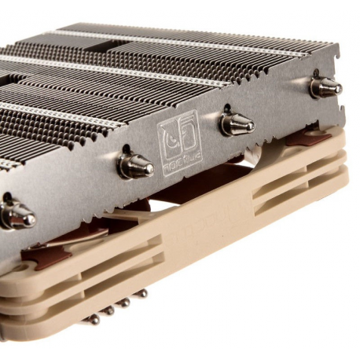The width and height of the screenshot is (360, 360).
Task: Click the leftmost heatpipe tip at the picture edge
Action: click(x=14, y=214)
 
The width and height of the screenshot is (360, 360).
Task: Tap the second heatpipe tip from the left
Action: click(x=135, y=164)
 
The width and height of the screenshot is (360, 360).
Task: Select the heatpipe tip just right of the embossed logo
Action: click(x=236, y=123)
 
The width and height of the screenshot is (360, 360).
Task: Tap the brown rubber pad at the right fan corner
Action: click(x=307, y=138)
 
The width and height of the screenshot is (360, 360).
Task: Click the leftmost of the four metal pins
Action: click(x=94, y=318)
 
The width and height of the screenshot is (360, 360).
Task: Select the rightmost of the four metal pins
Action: click(x=142, y=293)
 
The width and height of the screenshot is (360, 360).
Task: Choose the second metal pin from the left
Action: click(x=109, y=310)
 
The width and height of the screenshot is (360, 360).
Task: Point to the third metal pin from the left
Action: click(x=125, y=302)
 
